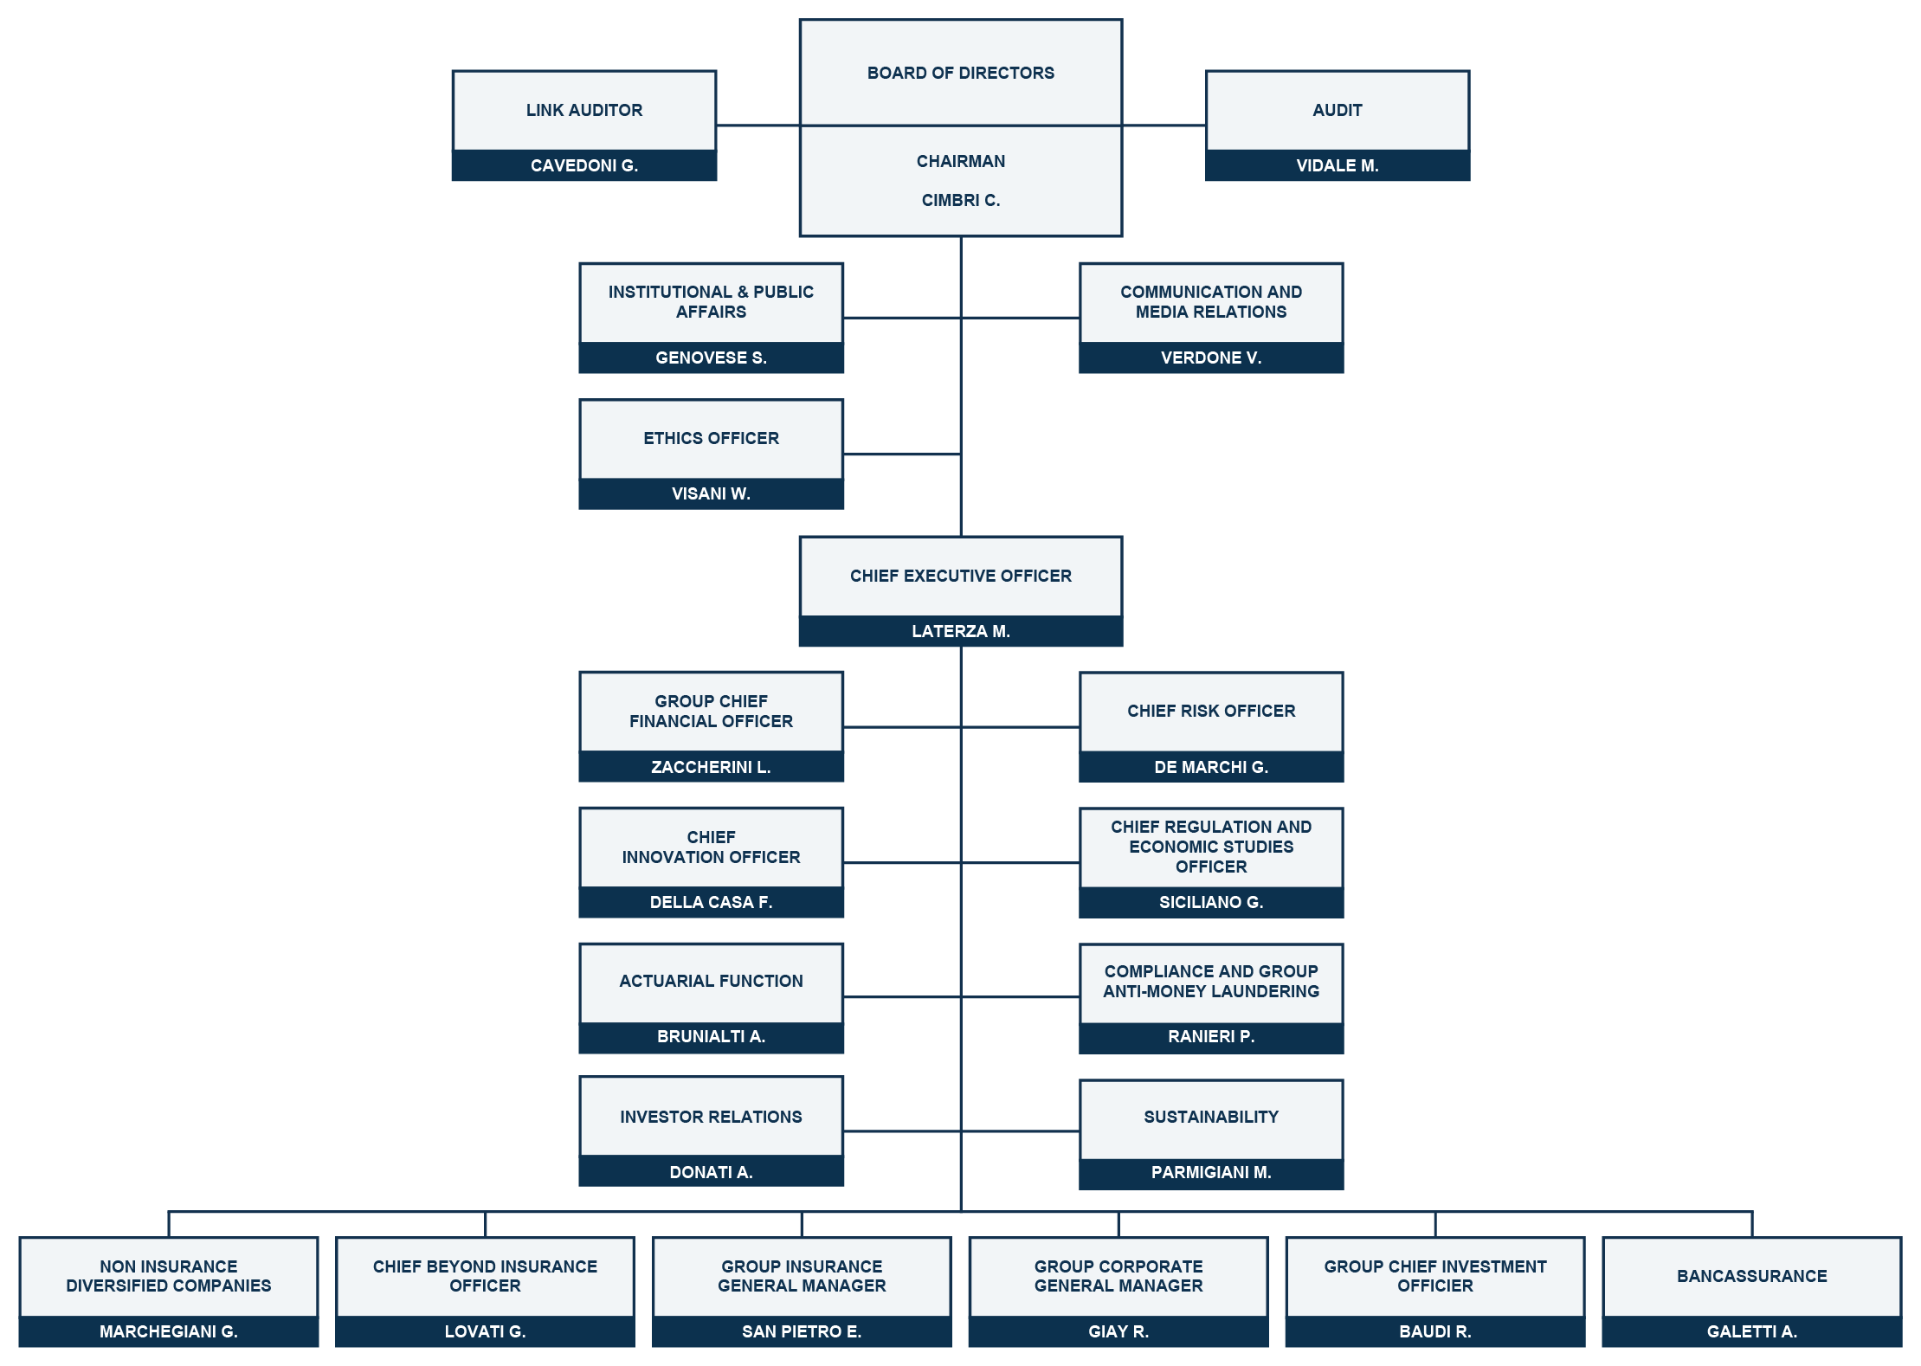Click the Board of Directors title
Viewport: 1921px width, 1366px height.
pos(960,73)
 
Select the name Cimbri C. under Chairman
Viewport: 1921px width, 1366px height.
pos(960,200)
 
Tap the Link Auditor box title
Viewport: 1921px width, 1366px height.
pos(584,110)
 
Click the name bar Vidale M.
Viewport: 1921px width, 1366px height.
pos(1338,165)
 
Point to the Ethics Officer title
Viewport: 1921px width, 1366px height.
pos(711,438)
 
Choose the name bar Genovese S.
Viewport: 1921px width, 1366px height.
pos(711,358)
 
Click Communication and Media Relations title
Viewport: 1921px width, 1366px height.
pos(1211,301)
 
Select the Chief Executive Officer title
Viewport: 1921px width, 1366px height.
pos(960,576)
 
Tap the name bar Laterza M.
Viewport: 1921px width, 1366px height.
pos(961,631)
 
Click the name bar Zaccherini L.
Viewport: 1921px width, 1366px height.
pos(711,767)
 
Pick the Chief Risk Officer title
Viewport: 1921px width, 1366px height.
pos(1211,711)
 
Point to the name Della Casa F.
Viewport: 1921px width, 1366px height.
pos(711,902)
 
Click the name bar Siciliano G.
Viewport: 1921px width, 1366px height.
pos(1211,902)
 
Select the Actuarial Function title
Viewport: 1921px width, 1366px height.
pos(711,981)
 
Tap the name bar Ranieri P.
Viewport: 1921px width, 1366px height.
pos(1211,1036)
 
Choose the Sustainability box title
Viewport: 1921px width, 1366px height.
pos(1211,1117)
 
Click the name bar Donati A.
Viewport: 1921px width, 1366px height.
pos(711,1172)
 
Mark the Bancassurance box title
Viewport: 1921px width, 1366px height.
pos(1751,1276)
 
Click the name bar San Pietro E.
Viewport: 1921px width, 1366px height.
pos(802,1331)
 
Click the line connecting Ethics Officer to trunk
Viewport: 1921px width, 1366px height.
pos(902,454)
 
